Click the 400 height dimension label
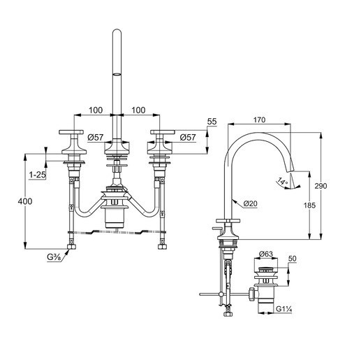click(x=25, y=201)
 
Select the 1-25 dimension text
click(x=38, y=175)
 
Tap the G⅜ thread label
click(x=54, y=257)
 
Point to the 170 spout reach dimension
click(x=259, y=120)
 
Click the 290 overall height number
click(x=321, y=186)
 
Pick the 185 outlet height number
click(x=309, y=206)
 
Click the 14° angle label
click(x=283, y=181)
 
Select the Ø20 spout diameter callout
click(x=251, y=203)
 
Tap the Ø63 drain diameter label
click(x=265, y=254)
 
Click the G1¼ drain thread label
click(x=284, y=309)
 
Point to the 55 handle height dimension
click(x=212, y=122)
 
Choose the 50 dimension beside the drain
click(x=293, y=259)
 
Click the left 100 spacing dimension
click(x=96, y=110)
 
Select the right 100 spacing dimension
click(x=138, y=110)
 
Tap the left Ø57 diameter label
click(x=96, y=138)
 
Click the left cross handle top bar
click(x=71, y=132)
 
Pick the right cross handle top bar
click(x=163, y=132)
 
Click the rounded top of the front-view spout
click(x=117, y=31)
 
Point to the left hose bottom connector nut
click(x=71, y=247)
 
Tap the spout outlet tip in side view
click(x=290, y=172)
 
